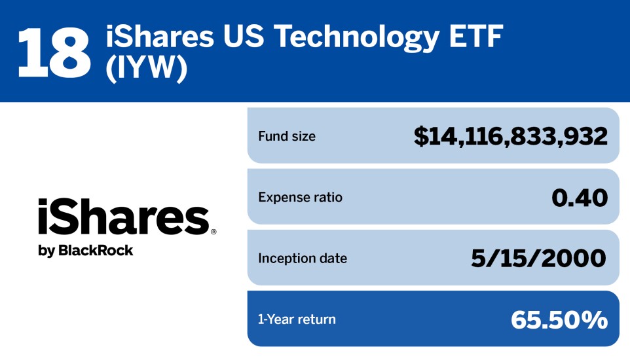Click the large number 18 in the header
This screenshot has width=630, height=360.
pos(54,51)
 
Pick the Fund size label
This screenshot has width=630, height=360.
pos(287,137)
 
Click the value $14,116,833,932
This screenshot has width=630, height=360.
pos(511,136)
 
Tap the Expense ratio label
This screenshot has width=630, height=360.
pos(300,198)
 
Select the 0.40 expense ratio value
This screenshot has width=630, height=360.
pos(580,197)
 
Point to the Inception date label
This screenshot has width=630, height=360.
pos(303,259)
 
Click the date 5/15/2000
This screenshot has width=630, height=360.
pos(539,258)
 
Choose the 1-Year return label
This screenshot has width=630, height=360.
pos(297,319)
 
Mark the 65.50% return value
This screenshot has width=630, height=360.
pos(559,319)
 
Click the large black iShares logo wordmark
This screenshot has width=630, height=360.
pos(123,218)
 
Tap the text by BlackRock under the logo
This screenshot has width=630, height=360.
pos(86,251)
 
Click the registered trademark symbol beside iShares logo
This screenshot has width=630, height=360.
pos(213,232)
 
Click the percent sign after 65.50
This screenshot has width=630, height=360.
pos(596,319)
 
